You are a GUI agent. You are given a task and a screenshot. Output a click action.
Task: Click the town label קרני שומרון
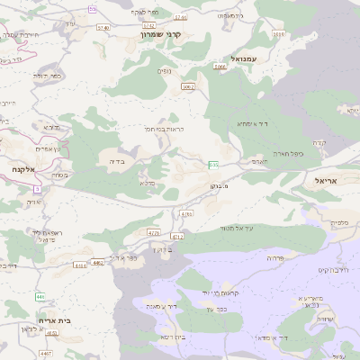[161, 33]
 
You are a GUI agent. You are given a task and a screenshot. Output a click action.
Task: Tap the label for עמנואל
[244, 58]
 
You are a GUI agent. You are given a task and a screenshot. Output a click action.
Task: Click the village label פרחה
[274, 257]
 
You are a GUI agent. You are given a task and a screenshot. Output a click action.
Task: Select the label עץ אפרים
[44, 148]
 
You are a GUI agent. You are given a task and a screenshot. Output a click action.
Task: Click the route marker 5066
[220, 67]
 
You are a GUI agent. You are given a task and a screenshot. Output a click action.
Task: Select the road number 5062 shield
[188, 86]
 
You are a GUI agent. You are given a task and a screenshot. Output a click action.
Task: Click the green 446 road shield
[40, 295]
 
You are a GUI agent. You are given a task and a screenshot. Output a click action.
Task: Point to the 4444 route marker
[81, 265]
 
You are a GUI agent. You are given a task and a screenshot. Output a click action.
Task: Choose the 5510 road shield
[278, 34]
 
